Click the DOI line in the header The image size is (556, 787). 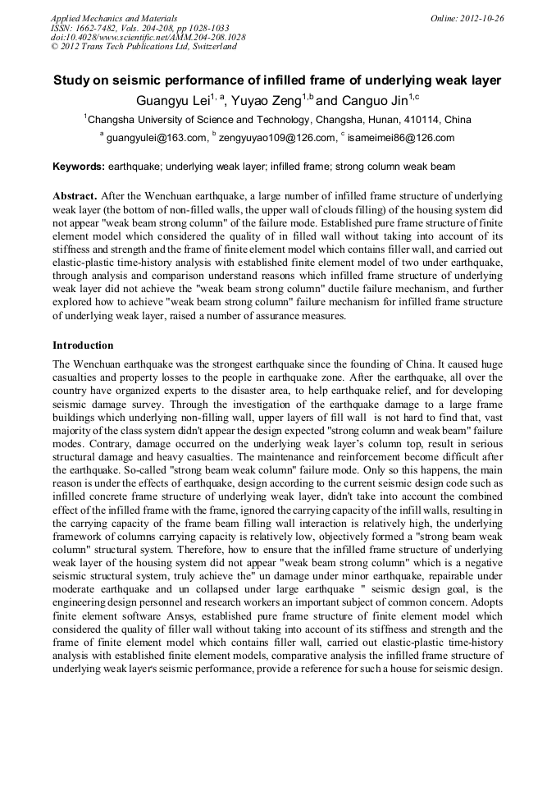pyautogui.click(x=148, y=37)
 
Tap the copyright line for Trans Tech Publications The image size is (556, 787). pyautogui.click(x=144, y=47)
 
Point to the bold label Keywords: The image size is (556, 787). pyautogui.click(x=79, y=167)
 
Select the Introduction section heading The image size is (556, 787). pyautogui.click(x=83, y=345)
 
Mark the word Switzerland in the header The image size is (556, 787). pyautogui.click(x=212, y=47)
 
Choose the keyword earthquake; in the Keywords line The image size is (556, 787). pyautogui.click(x=134, y=167)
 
